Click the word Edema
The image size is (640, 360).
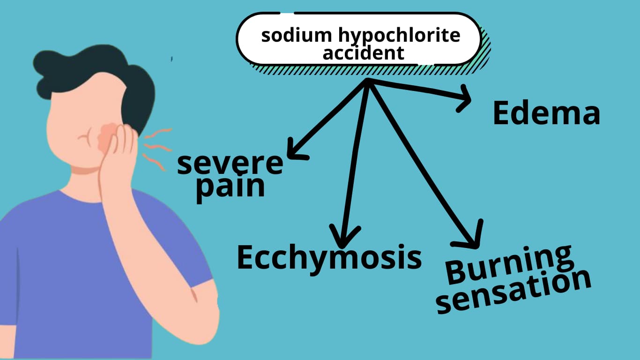pyautogui.click(x=546, y=114)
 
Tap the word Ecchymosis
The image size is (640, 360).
pyautogui.click(x=329, y=257)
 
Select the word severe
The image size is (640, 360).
pyautogui.click(x=230, y=164)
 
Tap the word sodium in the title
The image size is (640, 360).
pyautogui.click(x=287, y=35)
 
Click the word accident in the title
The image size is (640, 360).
pyautogui.click(x=363, y=53)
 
